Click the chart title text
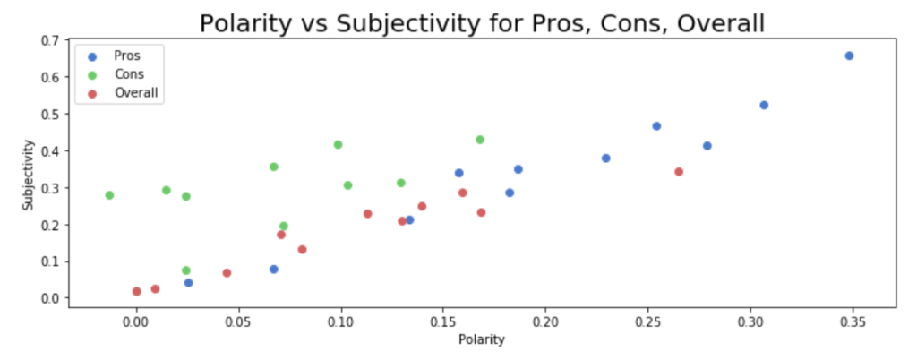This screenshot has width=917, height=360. pos(482,23)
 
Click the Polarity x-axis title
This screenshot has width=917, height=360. pos(482,339)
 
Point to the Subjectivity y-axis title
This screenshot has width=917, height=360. pos(29,174)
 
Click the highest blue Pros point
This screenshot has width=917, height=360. pos(849,56)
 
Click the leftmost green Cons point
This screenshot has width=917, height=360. pos(109,195)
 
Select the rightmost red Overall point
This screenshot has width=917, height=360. pos(679,172)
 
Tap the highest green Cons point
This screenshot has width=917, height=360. pos(480,140)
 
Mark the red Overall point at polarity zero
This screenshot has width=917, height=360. pos(136,291)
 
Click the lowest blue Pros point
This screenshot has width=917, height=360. pos(188,283)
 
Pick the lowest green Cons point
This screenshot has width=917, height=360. pos(186,270)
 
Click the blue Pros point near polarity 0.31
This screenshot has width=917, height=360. pos(764,105)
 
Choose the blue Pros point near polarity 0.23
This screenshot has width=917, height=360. pos(606,159)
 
